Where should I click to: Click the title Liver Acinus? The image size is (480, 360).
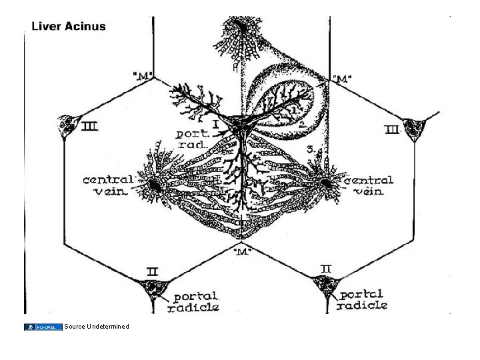pyautogui.click(x=69, y=26)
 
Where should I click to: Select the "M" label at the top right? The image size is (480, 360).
pyautogui.click(x=343, y=80)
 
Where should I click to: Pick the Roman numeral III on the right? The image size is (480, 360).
pyautogui.click(x=392, y=129)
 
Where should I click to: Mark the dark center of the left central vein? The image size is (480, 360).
pyautogui.click(x=155, y=185)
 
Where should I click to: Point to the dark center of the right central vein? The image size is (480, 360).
pyautogui.click(x=325, y=182)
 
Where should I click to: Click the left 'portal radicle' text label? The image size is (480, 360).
pyautogui.click(x=196, y=301)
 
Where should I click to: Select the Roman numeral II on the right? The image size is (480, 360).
pyautogui.click(x=326, y=268)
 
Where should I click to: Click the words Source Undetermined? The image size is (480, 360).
pyautogui.click(x=97, y=326)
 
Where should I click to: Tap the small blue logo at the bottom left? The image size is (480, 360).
pyautogui.click(x=43, y=326)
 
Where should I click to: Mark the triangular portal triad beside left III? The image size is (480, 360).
pyautogui.click(x=67, y=124)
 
